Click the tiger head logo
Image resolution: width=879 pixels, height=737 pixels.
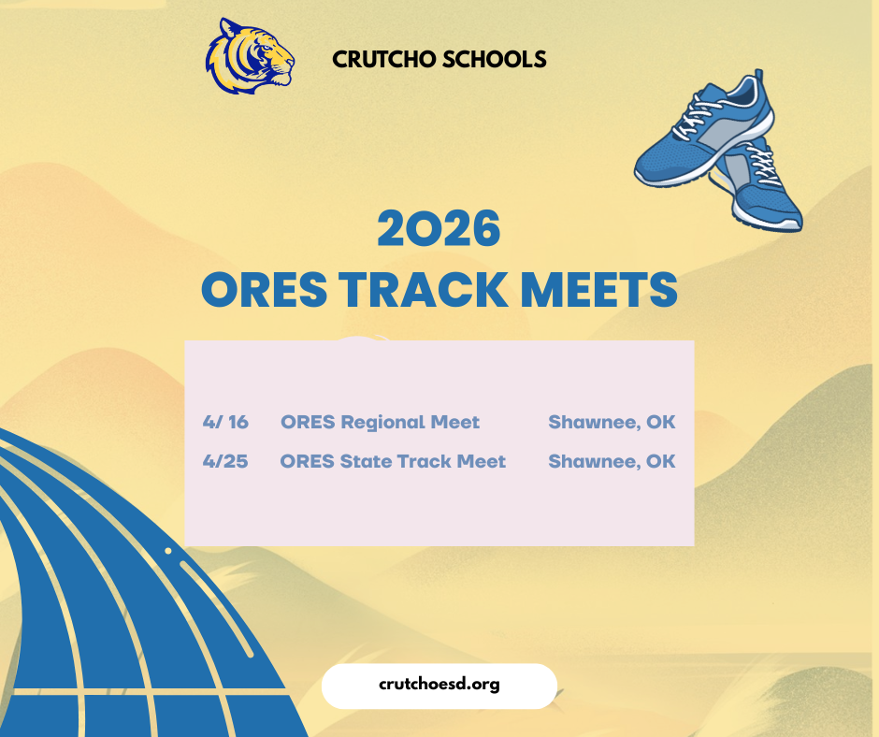(x=249, y=57)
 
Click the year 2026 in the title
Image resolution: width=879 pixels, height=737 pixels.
(x=439, y=230)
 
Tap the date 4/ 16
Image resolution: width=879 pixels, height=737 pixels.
(x=225, y=422)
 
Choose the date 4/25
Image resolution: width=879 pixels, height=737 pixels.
(x=225, y=461)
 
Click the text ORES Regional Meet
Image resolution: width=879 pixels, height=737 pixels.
(x=380, y=422)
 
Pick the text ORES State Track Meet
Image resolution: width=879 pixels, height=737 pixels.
(x=393, y=461)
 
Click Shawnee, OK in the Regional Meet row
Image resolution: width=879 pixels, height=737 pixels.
(x=612, y=422)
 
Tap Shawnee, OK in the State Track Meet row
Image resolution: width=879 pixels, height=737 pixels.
(x=612, y=461)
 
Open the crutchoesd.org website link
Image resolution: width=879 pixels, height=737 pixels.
(x=439, y=685)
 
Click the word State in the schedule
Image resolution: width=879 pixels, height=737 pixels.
(x=366, y=461)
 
